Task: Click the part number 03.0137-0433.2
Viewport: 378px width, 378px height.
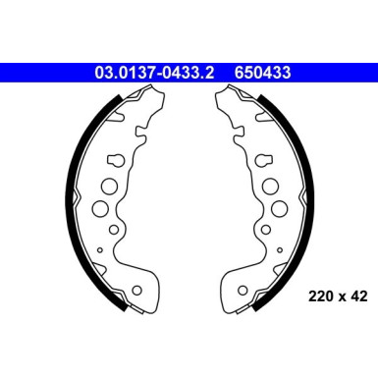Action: click(x=158, y=71)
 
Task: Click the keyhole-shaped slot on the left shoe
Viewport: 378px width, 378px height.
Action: click(x=115, y=159)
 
